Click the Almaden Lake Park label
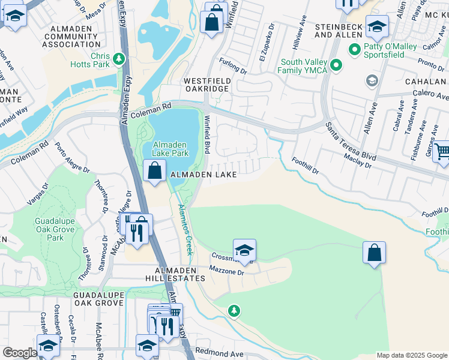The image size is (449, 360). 170,149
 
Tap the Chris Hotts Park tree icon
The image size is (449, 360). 119,58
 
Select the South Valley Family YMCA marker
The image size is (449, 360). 337,65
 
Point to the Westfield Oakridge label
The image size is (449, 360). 206,85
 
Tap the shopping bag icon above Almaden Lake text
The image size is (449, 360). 155,170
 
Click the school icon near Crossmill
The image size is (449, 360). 244,250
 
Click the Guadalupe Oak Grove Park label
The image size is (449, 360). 55,229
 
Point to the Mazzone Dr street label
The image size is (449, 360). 227,272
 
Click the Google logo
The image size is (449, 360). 20,353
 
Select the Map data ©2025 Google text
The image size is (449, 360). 411,355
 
